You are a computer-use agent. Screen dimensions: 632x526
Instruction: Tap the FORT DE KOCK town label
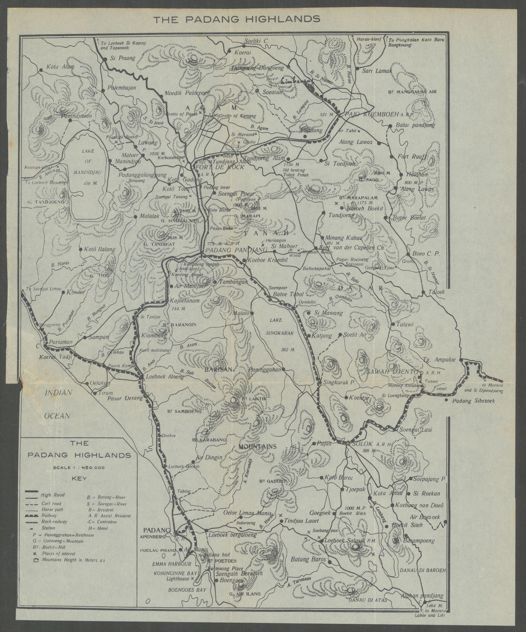220,167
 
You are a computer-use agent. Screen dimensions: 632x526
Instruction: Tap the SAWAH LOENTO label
391,372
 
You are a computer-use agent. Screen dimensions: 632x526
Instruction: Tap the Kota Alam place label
60,67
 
